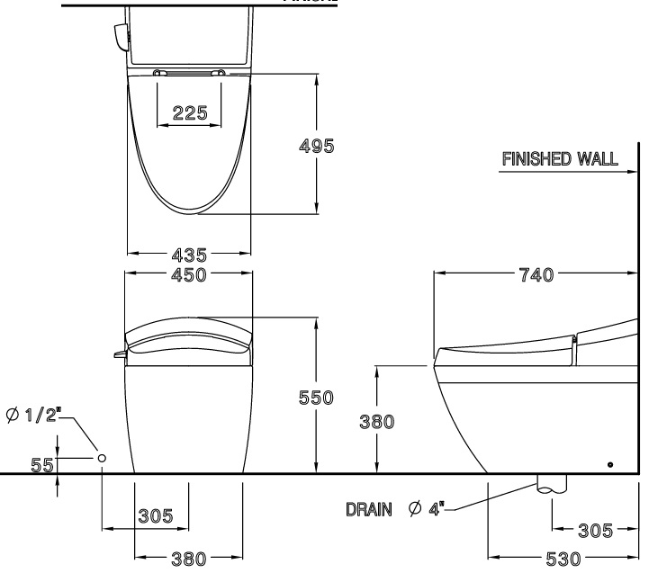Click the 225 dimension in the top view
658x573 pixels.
pos(190,113)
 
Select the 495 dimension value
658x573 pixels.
pos(317,145)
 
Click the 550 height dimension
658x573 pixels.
pos(317,397)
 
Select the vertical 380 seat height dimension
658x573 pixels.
pos(375,421)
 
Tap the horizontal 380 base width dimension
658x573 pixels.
pos(189,559)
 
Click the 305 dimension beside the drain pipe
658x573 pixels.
pos(595,531)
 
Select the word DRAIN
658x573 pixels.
pos(368,510)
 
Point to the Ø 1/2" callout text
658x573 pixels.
pos(32,416)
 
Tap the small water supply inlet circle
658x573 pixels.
pos(102,458)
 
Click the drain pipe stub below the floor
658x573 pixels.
pos(552,483)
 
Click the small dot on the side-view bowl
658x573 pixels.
pos(611,463)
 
